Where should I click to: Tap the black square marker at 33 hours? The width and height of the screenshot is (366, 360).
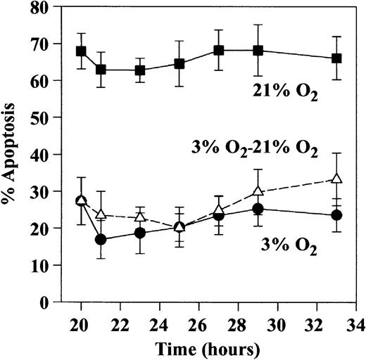click(x=336, y=58)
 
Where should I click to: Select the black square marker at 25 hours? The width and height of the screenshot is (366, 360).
click(x=179, y=64)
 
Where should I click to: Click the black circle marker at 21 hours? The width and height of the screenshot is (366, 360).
click(x=101, y=240)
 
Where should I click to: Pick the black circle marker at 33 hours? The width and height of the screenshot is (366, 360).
click(x=336, y=215)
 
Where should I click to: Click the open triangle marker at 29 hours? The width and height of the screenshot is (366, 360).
click(x=258, y=191)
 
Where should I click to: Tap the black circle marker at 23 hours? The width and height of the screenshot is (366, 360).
click(x=140, y=233)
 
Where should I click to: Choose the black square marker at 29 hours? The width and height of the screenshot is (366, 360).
click(x=258, y=51)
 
